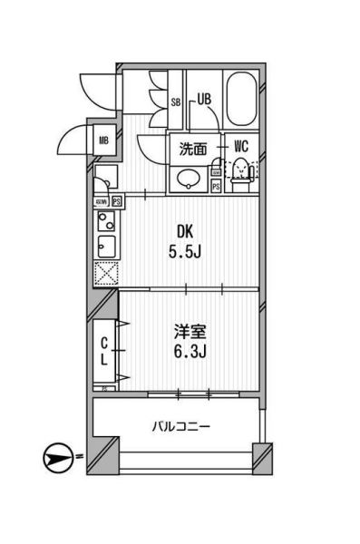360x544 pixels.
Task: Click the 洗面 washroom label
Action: tap(193, 146)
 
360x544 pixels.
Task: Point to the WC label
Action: tap(241, 146)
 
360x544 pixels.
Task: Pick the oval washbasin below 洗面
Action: tap(190, 178)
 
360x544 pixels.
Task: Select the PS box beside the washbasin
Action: tap(216, 186)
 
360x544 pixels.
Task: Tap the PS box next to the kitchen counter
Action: tap(118, 200)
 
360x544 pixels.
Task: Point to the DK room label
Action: tap(185, 230)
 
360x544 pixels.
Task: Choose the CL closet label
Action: tap(104, 351)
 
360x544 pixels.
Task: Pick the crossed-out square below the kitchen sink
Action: tap(105, 272)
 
